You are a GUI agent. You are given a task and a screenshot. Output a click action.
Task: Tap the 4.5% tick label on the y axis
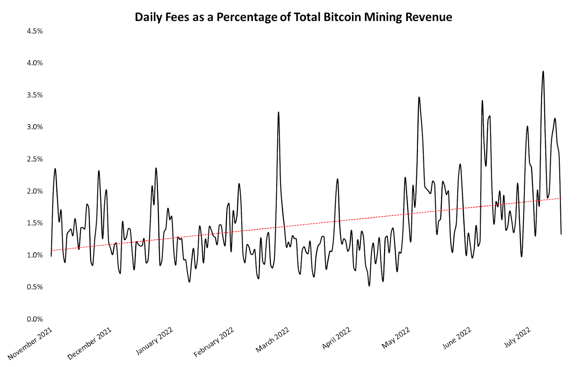35,31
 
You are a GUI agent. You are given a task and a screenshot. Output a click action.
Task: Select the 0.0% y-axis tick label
35,319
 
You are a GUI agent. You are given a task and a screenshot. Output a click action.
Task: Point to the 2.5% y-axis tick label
35,159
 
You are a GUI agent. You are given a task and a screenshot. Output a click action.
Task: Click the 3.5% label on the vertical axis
35,95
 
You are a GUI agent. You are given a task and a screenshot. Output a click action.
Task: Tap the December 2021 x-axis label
89,344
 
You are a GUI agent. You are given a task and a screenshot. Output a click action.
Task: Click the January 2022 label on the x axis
154,341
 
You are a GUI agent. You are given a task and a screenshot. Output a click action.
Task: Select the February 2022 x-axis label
214,342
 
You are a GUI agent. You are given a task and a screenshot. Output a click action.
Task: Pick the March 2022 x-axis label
273,340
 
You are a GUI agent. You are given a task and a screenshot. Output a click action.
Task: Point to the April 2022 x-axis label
336,339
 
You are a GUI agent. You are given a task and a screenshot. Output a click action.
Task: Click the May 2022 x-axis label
396,338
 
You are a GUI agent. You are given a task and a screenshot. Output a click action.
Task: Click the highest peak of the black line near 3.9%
543,72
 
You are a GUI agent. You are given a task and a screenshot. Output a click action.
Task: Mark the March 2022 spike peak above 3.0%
278,112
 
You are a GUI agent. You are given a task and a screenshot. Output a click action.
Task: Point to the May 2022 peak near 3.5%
419,97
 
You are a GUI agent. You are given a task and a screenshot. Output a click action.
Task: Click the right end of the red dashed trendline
561,198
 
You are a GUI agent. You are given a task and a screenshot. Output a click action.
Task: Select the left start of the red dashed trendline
52,250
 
